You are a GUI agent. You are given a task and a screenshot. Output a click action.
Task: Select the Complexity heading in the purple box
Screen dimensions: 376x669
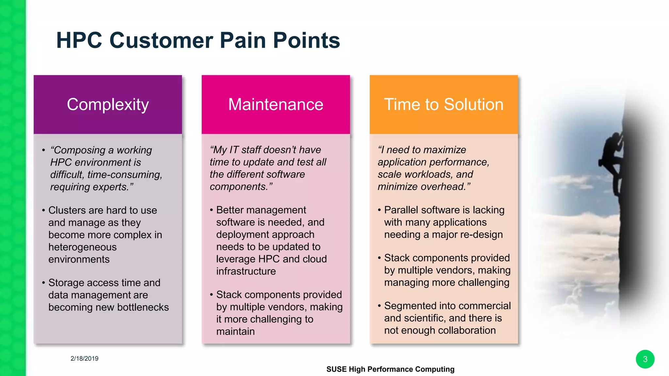tap(108, 104)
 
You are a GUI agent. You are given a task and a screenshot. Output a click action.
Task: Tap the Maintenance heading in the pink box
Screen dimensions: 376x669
tap(276, 104)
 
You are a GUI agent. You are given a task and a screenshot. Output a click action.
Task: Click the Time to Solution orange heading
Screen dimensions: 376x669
tap(444, 104)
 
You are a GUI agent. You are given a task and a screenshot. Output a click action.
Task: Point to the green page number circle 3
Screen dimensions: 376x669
tap(645, 359)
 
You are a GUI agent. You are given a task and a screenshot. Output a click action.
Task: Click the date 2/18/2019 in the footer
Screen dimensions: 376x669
tap(84, 358)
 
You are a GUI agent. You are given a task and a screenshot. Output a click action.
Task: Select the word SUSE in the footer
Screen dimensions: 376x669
tap(336, 369)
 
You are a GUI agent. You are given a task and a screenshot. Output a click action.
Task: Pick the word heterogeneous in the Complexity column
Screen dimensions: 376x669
tap(82, 247)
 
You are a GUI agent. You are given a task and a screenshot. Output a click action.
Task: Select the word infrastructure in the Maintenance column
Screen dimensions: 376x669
tap(246, 271)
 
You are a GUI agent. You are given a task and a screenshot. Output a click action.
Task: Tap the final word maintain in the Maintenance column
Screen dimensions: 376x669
tap(235, 331)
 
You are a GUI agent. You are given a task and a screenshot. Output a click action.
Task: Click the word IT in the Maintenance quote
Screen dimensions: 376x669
tap(234, 150)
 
